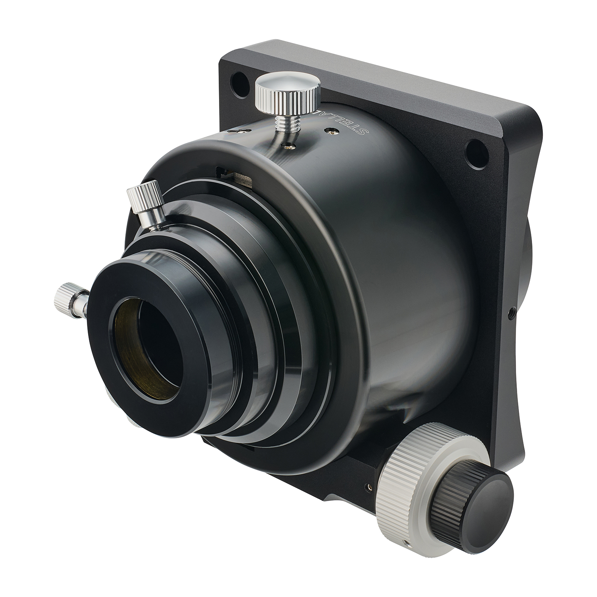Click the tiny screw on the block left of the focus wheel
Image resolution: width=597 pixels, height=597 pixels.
pyautogui.click(x=369, y=485)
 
